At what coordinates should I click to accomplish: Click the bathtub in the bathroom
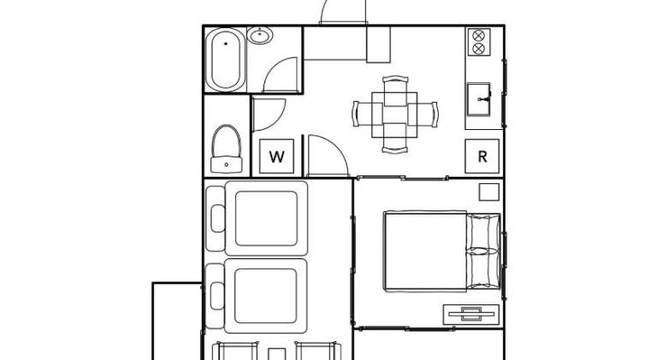tap(226, 60)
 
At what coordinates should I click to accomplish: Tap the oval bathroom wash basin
tap(260, 35)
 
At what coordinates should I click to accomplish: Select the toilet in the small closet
tap(226, 149)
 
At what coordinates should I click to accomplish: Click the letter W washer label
tap(276, 157)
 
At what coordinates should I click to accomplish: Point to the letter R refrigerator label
tap(482, 156)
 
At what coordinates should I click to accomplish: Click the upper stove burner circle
tap(478, 35)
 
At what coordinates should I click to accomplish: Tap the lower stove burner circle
tap(478, 49)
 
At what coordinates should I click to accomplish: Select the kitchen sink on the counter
tap(478, 100)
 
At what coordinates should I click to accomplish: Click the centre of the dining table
tap(394, 115)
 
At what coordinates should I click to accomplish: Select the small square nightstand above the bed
tap(489, 192)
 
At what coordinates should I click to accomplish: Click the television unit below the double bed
tap(471, 315)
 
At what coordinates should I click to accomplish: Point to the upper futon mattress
tap(267, 218)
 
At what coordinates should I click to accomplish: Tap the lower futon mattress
tap(266, 296)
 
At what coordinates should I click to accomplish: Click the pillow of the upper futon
tap(218, 219)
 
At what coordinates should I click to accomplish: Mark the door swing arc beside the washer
tap(336, 147)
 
